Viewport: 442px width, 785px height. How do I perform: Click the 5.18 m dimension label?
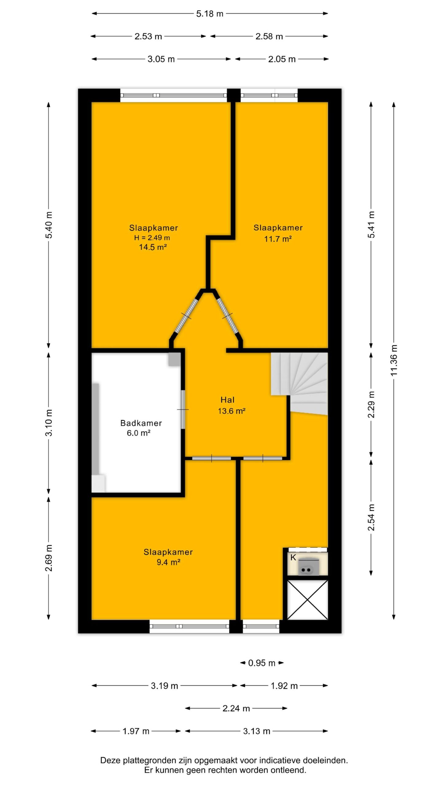tap(210, 14)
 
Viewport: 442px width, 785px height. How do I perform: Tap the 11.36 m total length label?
tap(394, 360)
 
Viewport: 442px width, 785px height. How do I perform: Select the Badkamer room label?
tap(141, 423)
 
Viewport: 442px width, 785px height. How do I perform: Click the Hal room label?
tap(227, 400)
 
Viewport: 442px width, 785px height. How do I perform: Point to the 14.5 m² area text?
tap(153, 247)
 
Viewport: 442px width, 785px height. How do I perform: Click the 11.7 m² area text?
tap(278, 239)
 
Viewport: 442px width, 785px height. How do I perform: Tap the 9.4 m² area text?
tap(168, 562)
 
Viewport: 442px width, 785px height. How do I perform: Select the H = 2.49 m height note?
tap(152, 238)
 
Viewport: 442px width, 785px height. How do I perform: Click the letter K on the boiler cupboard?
tap(293, 557)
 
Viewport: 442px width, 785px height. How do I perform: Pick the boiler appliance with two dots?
tap(308, 567)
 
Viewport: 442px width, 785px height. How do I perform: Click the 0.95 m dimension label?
tap(262, 663)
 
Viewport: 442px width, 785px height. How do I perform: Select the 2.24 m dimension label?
tap(236, 708)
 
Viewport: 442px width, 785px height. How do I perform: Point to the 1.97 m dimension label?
tap(136, 731)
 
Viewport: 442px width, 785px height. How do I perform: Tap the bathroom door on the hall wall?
tap(183, 409)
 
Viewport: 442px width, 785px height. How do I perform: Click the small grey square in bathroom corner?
tap(174, 359)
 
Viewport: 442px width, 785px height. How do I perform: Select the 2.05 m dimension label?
tap(282, 59)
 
